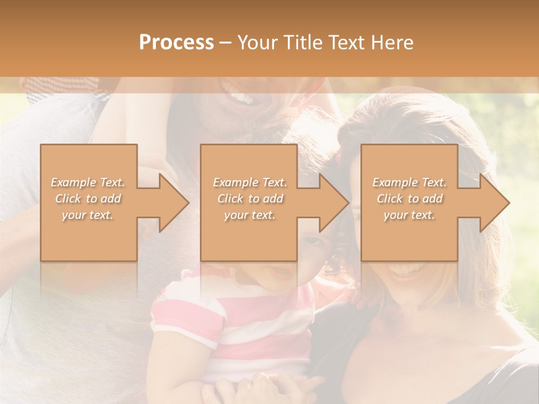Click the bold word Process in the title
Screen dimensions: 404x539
click(x=176, y=42)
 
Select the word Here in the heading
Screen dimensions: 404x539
click(x=392, y=42)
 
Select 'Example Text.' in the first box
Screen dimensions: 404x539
click(x=88, y=182)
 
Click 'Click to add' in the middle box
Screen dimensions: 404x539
click(x=250, y=199)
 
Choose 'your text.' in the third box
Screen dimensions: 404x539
click(x=409, y=215)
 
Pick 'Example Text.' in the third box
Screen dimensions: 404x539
click(x=409, y=182)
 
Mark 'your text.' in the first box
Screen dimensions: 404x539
click(x=88, y=215)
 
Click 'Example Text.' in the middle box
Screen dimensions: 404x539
click(x=250, y=182)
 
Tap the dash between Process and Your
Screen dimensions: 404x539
click(x=226, y=43)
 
